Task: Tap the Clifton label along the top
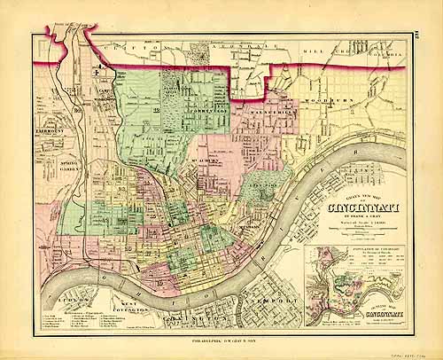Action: (x=142, y=45)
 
